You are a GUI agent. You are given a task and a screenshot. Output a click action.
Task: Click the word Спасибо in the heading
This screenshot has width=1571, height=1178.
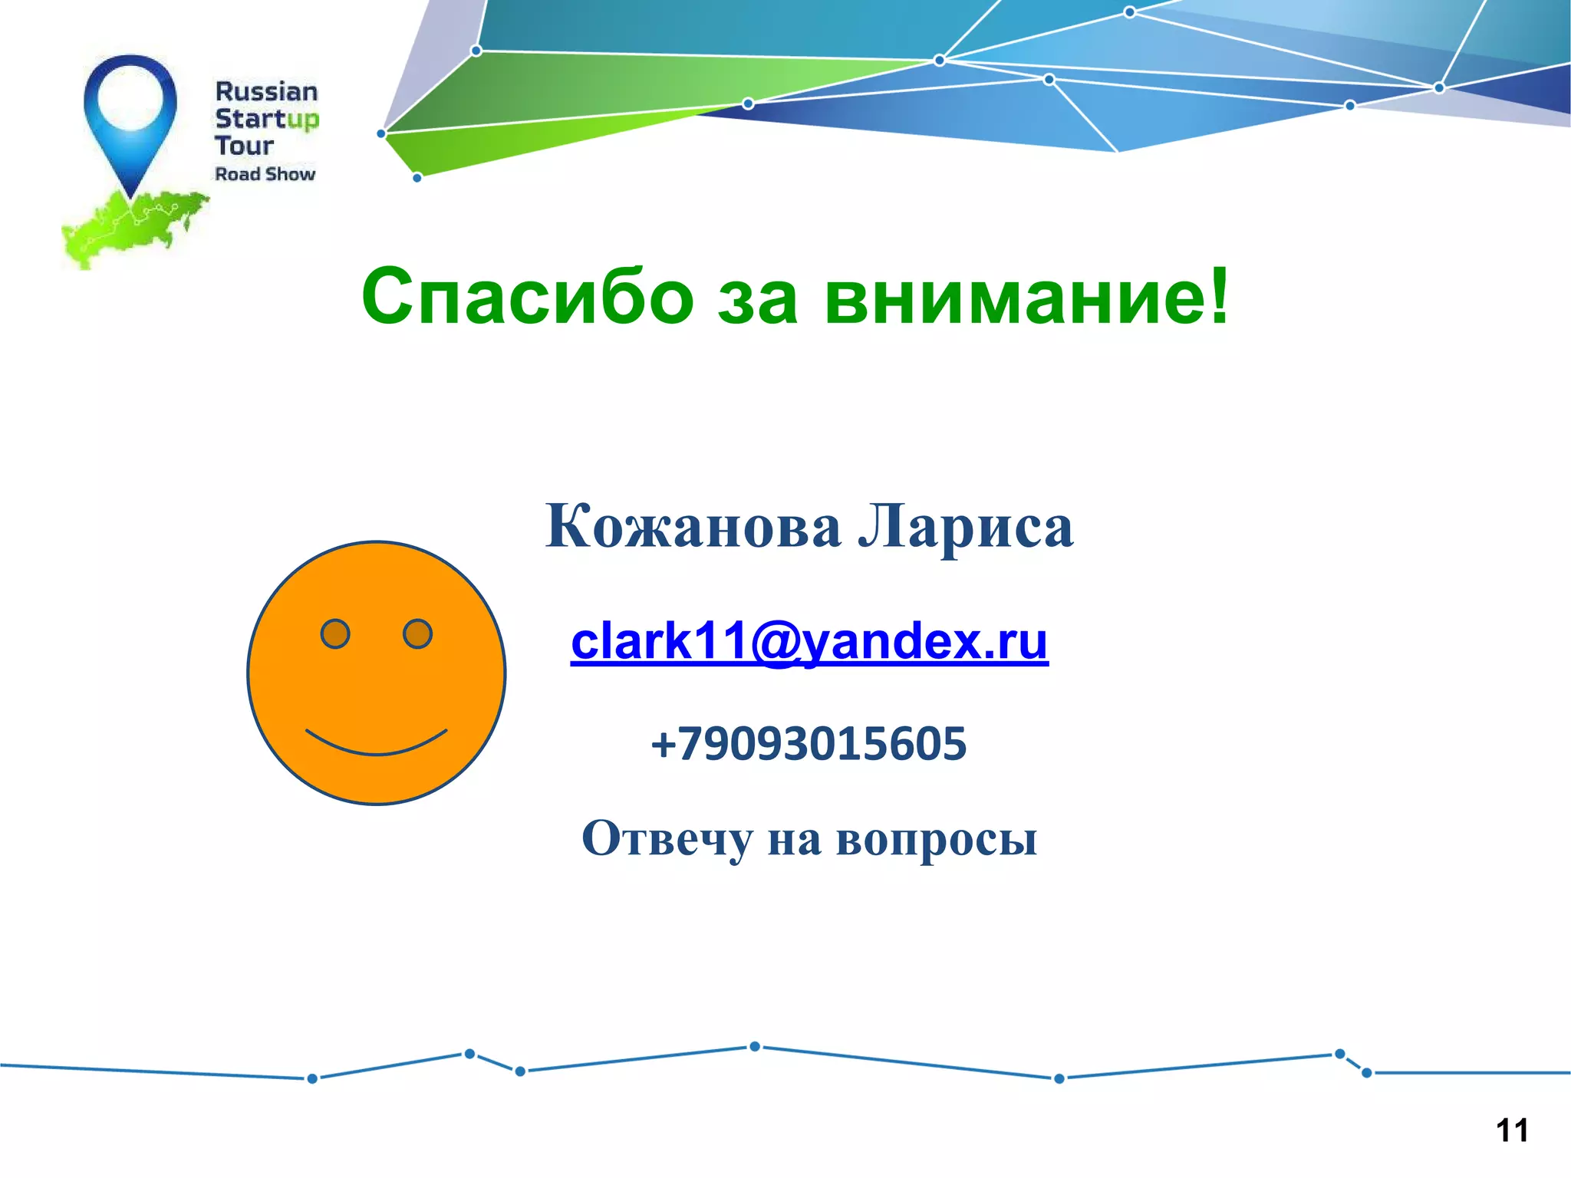point(527,298)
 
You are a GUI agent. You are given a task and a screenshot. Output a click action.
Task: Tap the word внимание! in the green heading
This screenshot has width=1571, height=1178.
point(1027,298)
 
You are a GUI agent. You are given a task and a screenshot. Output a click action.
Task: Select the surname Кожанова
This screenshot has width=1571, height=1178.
point(693,527)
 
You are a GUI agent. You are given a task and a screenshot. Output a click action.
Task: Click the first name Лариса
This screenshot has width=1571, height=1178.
point(966,527)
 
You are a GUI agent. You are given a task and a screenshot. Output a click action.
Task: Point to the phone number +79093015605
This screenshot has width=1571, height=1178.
point(809,743)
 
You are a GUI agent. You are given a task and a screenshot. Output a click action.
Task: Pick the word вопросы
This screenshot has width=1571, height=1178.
point(937,840)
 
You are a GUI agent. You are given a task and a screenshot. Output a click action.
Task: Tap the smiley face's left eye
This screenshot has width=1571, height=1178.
point(335,634)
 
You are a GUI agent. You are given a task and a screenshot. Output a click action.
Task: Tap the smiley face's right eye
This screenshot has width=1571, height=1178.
point(417,633)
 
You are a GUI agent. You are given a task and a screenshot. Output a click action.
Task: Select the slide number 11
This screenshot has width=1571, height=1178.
point(1512,1130)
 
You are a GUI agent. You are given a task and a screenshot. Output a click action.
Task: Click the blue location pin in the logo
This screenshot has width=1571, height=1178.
point(130,115)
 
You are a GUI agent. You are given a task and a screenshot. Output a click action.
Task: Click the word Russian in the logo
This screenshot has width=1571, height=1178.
point(266,92)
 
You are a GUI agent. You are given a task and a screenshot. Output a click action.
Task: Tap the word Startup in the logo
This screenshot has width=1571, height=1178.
point(266,119)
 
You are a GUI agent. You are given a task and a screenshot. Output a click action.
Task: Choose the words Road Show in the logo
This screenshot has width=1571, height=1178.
point(265,174)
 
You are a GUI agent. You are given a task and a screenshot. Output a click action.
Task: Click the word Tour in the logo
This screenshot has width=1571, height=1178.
point(244,146)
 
